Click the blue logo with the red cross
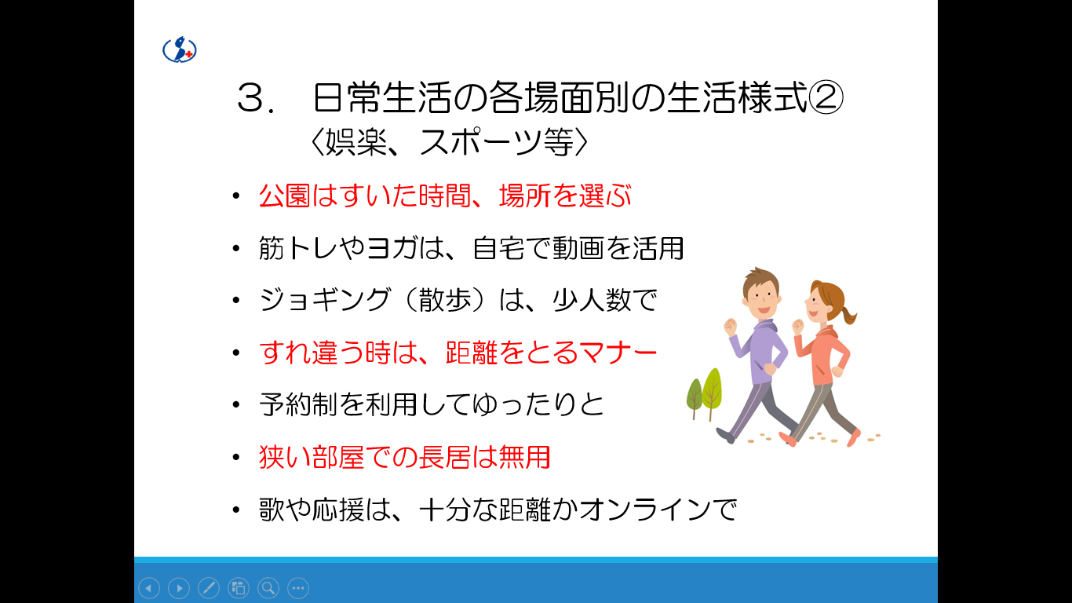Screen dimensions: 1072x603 (x=180, y=49)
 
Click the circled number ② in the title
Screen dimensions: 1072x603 (x=826, y=97)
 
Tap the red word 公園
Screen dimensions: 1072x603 (x=284, y=196)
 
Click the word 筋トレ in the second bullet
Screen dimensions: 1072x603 (x=299, y=249)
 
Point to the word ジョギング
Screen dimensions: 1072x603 (x=325, y=301)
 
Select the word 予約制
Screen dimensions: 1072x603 (x=298, y=405)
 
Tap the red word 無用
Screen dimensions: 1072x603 (x=525, y=457)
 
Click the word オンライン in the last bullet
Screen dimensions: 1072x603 (x=644, y=510)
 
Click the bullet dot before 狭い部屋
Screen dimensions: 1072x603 (x=235, y=458)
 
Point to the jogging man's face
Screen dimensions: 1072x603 (x=761, y=298)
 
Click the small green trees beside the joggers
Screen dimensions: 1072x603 (x=705, y=393)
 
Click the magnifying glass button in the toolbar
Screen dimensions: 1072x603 (x=268, y=588)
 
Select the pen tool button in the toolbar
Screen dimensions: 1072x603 (x=209, y=588)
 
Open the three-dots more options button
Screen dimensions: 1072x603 (x=298, y=588)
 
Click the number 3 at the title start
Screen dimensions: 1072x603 (x=250, y=99)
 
